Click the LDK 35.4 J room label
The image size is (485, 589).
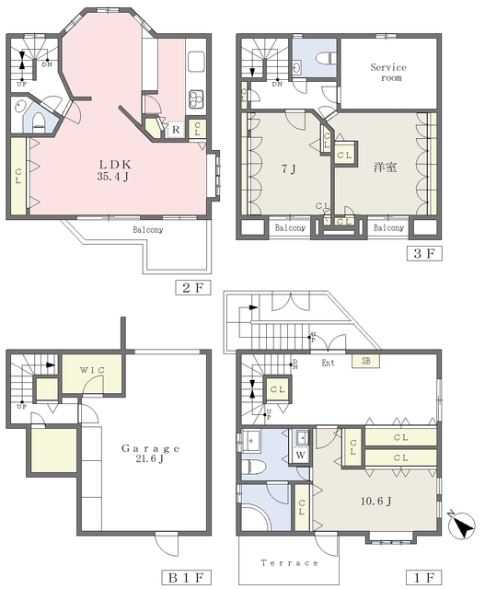[x=114, y=170]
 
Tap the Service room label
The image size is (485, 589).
[x=388, y=73]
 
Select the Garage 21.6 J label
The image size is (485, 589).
[x=150, y=453]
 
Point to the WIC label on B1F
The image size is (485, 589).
[x=92, y=370]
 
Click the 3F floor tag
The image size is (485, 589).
[x=424, y=253]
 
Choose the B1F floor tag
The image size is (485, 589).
[x=186, y=577]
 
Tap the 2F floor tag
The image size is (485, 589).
[x=192, y=288]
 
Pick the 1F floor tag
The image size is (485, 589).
[x=424, y=577]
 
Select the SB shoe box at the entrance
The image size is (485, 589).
[x=365, y=361]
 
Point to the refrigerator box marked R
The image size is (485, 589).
[x=176, y=130]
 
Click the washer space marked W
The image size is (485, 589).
[x=301, y=456]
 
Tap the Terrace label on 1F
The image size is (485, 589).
[x=289, y=562]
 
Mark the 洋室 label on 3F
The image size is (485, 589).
[x=385, y=167]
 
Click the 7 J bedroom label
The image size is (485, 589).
[x=289, y=169]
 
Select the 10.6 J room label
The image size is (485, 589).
[x=376, y=501]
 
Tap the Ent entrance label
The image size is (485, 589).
[x=328, y=363]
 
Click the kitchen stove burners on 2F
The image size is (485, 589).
[x=196, y=99]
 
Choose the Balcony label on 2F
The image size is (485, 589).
[x=148, y=229]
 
